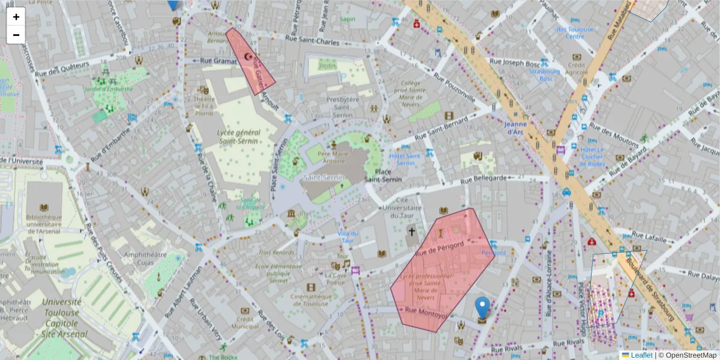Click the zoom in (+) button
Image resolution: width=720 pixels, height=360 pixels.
point(16,17)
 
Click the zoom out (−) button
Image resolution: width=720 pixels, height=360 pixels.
point(16,35)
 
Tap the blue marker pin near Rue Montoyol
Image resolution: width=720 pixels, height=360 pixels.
point(482,307)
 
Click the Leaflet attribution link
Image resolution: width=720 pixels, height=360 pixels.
point(641,355)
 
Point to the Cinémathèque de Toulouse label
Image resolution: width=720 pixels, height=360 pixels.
point(311,299)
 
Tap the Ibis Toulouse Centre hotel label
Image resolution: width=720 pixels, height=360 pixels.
point(575,32)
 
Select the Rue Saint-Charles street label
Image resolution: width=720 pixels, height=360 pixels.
point(311,42)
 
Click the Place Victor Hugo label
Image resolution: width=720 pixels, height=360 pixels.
point(581,297)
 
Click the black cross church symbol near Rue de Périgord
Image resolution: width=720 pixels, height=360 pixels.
point(412,232)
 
